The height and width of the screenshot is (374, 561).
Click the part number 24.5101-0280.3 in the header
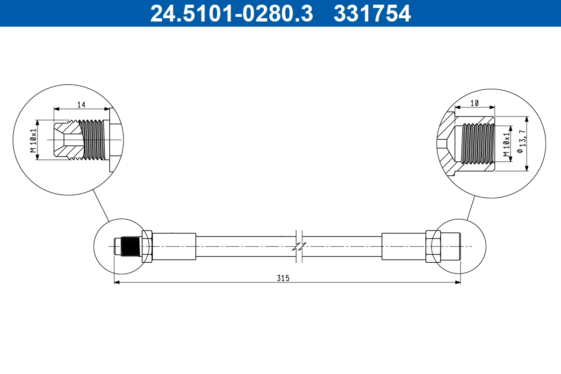click(231, 13)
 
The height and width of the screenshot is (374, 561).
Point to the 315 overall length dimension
click(283, 278)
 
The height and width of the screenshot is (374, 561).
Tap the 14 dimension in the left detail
click(81, 104)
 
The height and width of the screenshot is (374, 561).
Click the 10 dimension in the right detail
click(475, 103)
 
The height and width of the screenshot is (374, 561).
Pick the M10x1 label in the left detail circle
click(33, 140)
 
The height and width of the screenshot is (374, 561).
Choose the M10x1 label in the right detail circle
click(506, 144)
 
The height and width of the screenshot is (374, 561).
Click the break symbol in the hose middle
click(300, 246)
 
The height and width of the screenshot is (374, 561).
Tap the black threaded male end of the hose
click(130, 246)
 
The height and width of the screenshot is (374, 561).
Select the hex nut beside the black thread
click(146, 246)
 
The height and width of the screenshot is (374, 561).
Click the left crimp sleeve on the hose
click(174, 246)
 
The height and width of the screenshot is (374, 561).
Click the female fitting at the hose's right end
click(450, 246)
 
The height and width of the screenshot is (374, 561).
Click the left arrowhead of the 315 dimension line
click(117, 282)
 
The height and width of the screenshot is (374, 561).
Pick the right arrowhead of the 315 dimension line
click(458, 282)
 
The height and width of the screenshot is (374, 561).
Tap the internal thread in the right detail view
click(478, 144)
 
